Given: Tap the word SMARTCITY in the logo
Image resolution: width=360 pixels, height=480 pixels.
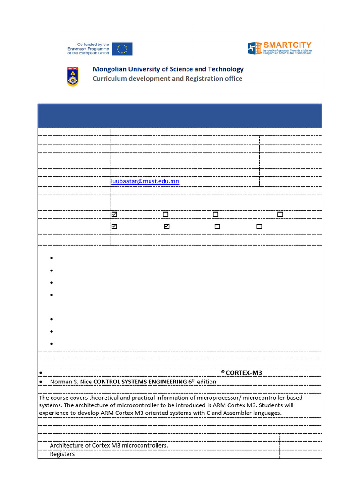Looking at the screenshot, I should click(287, 45).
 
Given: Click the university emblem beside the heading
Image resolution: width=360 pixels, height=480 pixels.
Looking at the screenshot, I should click(73, 76).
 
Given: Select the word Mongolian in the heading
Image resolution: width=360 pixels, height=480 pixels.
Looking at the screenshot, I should click(111, 69).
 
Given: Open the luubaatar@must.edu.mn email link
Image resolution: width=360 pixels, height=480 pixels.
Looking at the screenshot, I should click(145, 181).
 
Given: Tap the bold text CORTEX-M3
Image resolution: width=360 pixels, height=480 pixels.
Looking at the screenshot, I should click(244, 373).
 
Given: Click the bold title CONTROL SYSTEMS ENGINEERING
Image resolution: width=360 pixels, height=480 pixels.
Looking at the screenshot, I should click(140, 382).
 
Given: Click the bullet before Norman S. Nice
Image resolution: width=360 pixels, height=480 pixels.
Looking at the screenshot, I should click(42, 382).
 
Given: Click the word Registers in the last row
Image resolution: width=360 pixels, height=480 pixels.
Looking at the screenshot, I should click(62, 454).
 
